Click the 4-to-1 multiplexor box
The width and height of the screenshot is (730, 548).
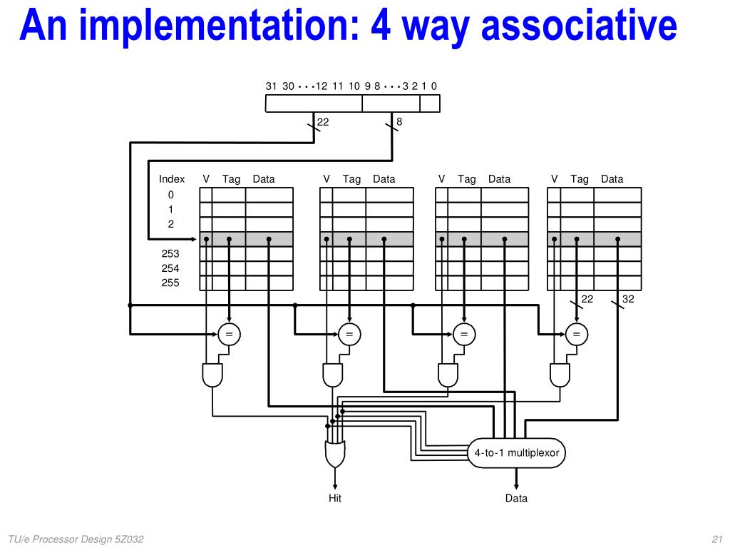[x=517, y=452]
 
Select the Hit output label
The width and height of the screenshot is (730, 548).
[x=335, y=498]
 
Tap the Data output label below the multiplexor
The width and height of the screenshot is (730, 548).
[x=516, y=498]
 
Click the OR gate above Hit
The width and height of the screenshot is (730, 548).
[x=334, y=452]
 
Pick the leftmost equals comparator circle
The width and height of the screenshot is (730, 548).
[x=229, y=333]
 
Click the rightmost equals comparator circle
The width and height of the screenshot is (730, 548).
[x=576, y=333]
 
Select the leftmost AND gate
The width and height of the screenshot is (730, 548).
[x=212, y=375]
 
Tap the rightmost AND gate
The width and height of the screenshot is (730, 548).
[x=560, y=375]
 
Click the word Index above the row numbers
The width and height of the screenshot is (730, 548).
[x=172, y=179]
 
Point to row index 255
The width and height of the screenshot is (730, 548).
[x=170, y=283]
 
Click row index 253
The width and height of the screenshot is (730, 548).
[x=170, y=253]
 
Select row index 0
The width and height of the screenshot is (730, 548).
[x=170, y=194]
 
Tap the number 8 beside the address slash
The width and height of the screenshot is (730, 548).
[x=399, y=122]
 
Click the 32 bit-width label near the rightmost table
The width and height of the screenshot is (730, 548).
[x=628, y=300]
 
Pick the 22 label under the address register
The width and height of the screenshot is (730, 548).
[x=323, y=122]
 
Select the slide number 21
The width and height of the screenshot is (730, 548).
[x=717, y=539]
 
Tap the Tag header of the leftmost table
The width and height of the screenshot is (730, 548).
[x=231, y=179]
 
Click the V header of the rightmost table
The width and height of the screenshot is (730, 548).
[x=554, y=179]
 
